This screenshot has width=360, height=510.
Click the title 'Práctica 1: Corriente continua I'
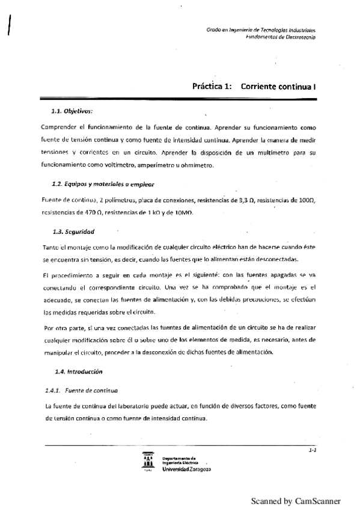(254, 87)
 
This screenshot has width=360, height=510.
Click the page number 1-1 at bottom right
(312, 449)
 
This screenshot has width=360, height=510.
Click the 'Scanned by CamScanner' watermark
(295, 500)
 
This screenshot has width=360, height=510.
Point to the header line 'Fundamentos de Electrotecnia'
(281, 37)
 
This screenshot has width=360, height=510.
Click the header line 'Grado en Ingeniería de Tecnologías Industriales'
(261, 29)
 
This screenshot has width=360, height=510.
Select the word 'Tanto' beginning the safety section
(53, 248)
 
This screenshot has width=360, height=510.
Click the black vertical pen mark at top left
(9, 25)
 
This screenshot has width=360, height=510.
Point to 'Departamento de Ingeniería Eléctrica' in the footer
(183, 459)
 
